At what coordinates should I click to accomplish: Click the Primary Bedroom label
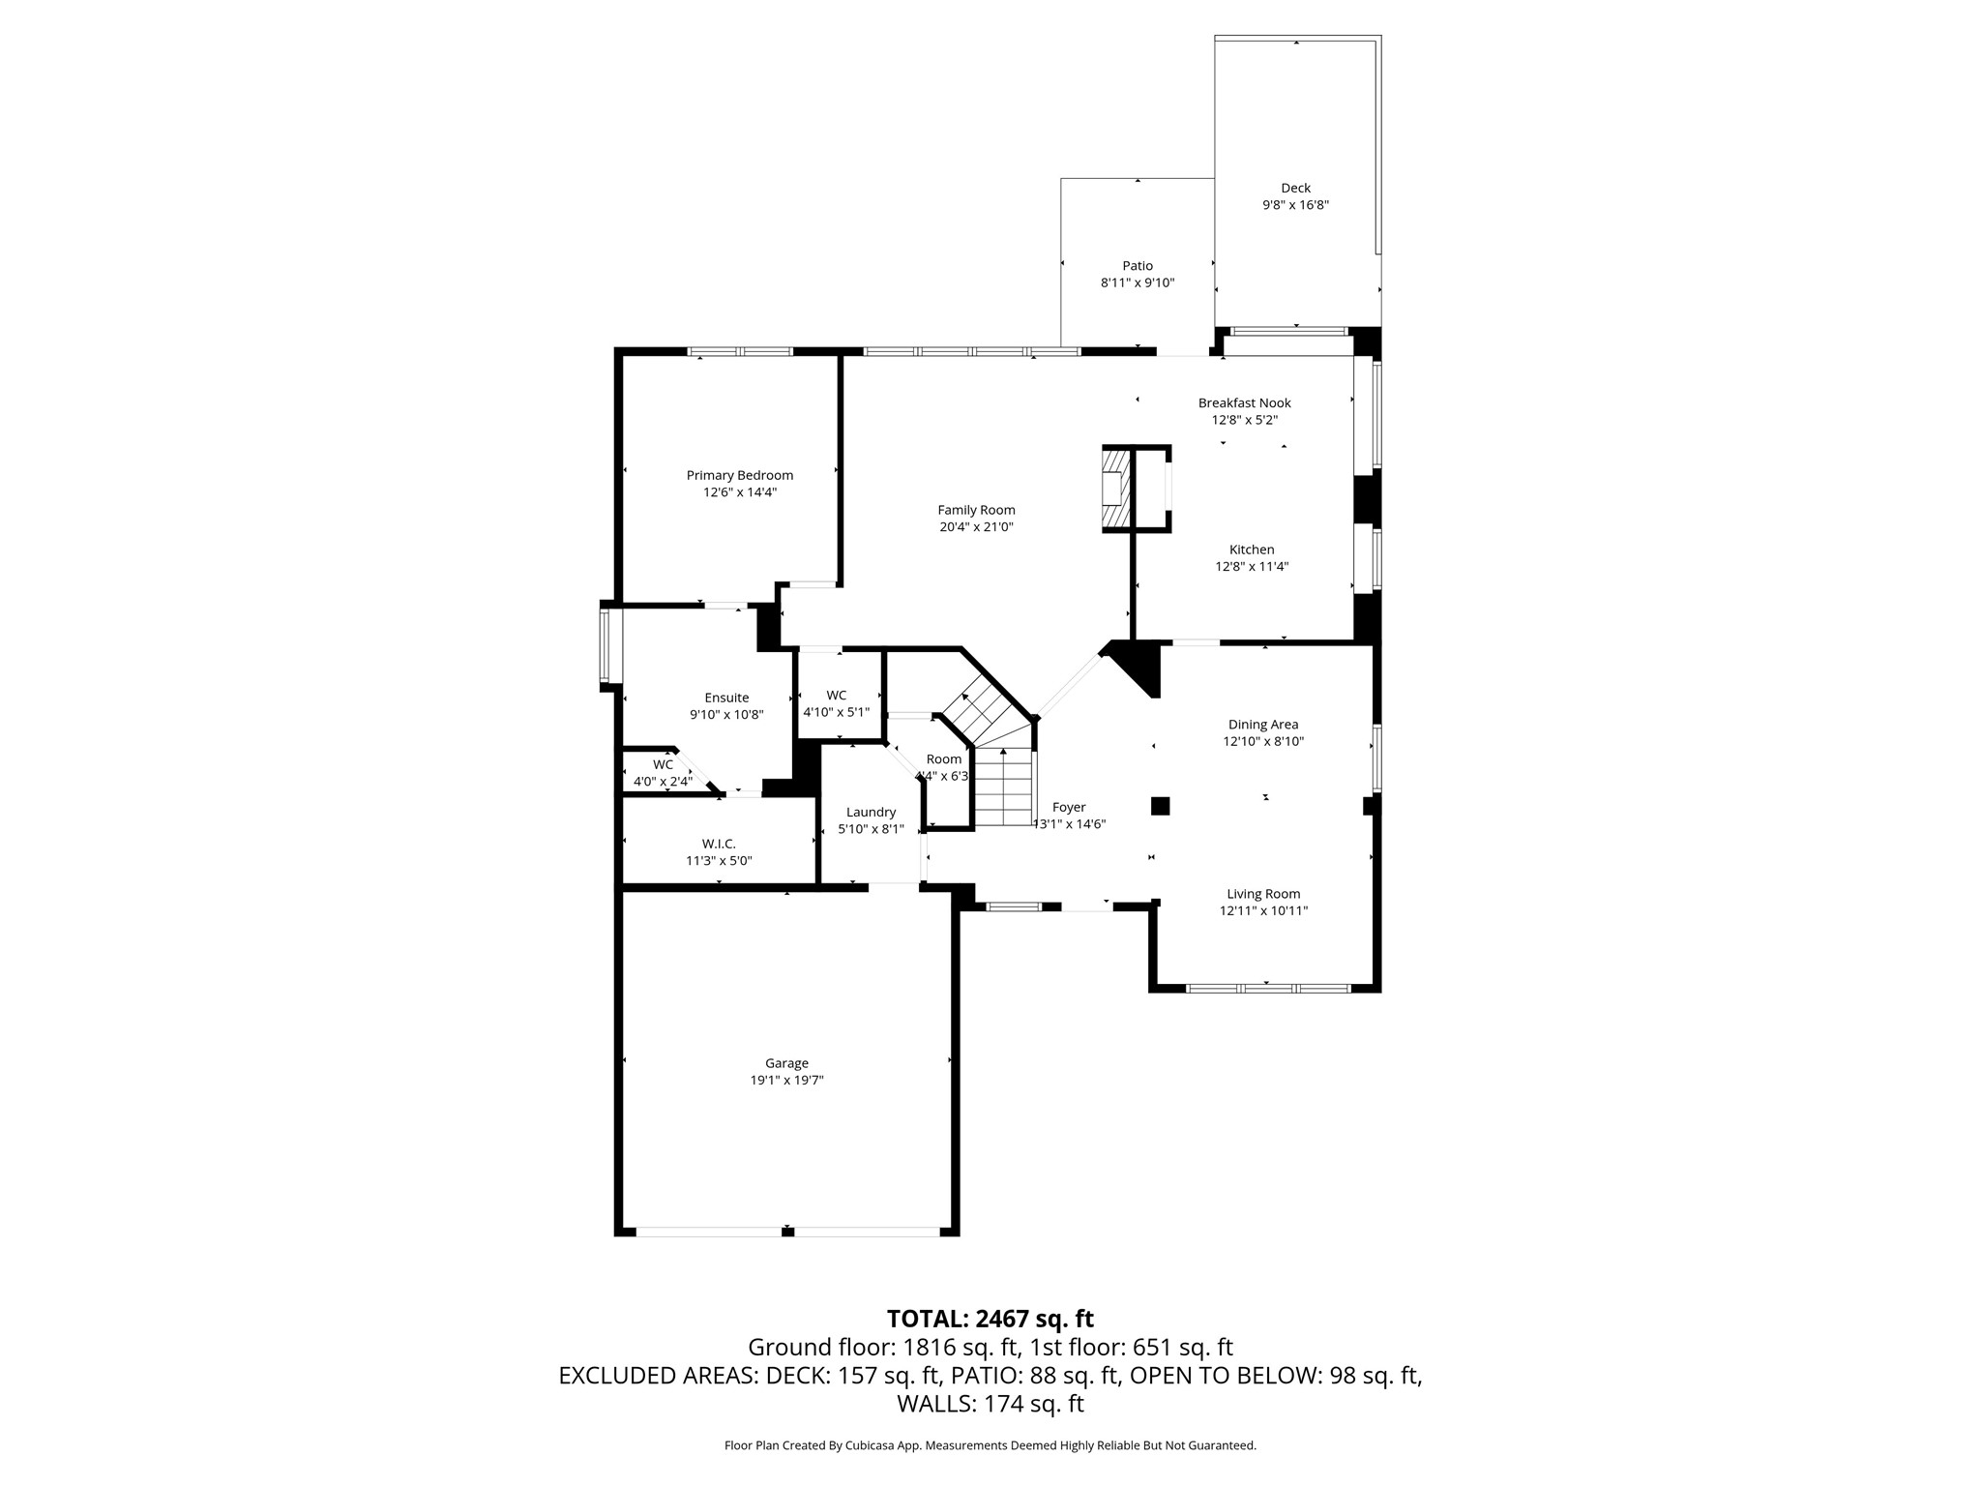pyautogui.click(x=739, y=475)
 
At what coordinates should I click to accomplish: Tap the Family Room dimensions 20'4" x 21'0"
pyautogui.click(x=976, y=527)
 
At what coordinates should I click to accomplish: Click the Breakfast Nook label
pyautogui.click(x=1244, y=402)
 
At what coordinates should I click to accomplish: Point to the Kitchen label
pyautogui.click(x=1252, y=550)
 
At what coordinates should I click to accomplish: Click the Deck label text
pyautogui.click(x=1295, y=188)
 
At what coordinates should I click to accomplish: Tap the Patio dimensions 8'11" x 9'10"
pyautogui.click(x=1138, y=283)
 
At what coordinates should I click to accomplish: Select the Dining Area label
pyautogui.click(x=1263, y=725)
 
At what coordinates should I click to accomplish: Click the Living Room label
pyautogui.click(x=1263, y=894)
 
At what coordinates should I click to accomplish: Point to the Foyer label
pyautogui.click(x=1069, y=807)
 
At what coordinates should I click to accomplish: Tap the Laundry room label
pyautogui.click(x=871, y=812)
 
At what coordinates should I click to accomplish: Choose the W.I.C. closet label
pyautogui.click(x=719, y=844)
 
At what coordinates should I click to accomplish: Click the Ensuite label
pyautogui.click(x=726, y=698)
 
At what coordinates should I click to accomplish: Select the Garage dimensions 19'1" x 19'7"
pyautogui.click(x=786, y=1081)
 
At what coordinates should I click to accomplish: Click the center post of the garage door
pyautogui.click(x=787, y=1231)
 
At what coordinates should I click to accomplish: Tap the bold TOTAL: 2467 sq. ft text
pyautogui.click(x=990, y=1319)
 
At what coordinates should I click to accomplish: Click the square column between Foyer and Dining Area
pyautogui.click(x=1160, y=806)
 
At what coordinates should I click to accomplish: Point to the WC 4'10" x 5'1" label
pyautogui.click(x=836, y=703)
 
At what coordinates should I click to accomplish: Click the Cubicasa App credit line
pyautogui.click(x=990, y=1445)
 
